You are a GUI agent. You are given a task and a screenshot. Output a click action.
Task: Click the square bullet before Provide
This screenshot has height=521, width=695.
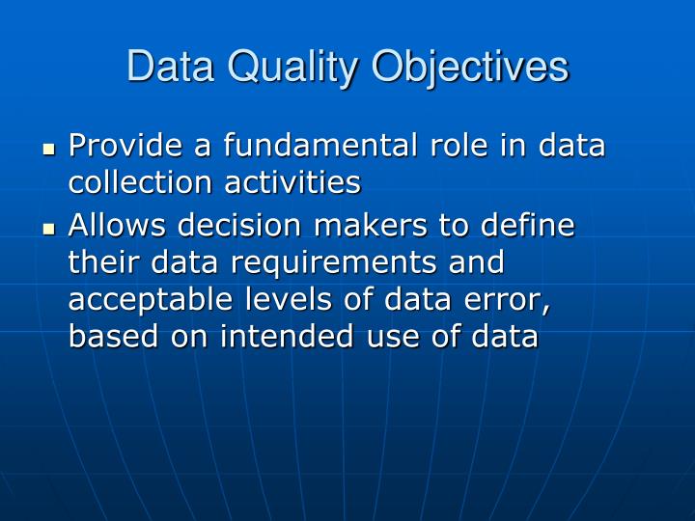click(50, 150)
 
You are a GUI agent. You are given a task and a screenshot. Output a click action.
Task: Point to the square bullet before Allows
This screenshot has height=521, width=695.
click(50, 230)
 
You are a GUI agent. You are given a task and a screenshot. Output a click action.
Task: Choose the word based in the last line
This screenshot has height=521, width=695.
click(106, 338)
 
